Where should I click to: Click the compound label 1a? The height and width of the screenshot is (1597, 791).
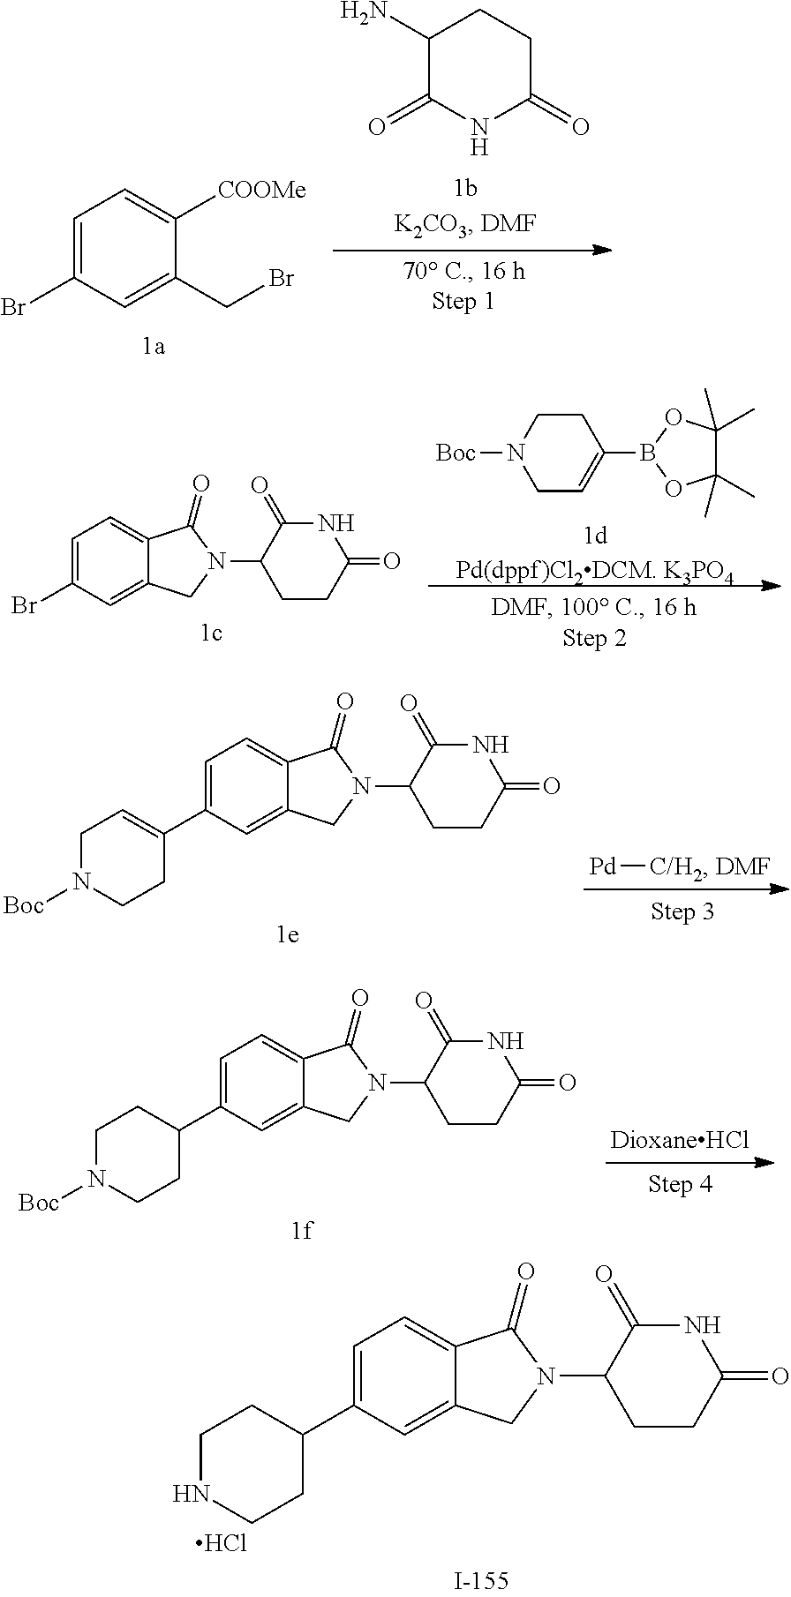pos(154,347)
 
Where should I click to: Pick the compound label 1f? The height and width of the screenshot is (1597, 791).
pos(302,1229)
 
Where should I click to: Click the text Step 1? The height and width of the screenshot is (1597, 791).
pos(463,301)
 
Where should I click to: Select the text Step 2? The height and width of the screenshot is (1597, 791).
pos(594,637)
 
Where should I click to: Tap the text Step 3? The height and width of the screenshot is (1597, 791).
pos(682,911)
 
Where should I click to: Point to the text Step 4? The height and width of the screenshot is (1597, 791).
pos(681,1183)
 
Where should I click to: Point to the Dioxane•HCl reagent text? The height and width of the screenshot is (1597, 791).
pos(680,1140)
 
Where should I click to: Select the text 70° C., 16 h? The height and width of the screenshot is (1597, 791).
pos(463,271)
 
